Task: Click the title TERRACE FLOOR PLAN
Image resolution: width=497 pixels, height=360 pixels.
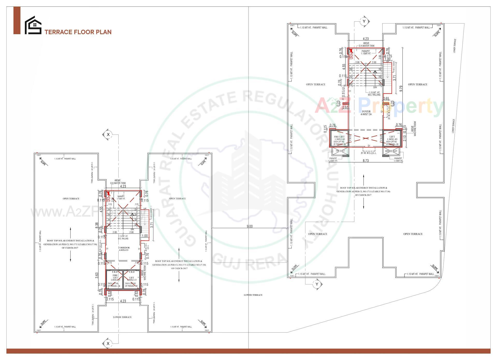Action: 78,32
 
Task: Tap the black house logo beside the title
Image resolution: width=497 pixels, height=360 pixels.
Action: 33,25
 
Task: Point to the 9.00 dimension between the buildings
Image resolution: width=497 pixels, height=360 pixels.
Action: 249,226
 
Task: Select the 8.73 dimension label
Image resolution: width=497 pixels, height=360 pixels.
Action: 366,161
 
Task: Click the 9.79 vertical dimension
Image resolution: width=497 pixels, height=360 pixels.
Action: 401,89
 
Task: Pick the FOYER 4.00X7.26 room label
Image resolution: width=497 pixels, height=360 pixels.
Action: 366,113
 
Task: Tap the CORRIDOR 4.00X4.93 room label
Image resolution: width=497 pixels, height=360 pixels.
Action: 124,249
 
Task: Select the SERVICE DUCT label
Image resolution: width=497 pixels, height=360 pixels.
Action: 391,151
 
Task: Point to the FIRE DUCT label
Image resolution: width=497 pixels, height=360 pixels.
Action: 340,151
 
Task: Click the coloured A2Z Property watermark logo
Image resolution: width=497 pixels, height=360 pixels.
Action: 379,106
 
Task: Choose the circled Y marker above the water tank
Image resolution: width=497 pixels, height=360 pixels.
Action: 364,21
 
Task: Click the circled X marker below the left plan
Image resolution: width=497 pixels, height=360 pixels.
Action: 108,344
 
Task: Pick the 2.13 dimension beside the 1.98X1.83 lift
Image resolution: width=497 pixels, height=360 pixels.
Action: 405,138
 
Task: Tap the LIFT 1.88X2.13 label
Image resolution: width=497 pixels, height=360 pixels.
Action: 131,279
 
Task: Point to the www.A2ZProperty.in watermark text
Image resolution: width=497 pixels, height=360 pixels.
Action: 96,212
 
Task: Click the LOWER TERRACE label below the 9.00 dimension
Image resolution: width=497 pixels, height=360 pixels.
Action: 253,295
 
